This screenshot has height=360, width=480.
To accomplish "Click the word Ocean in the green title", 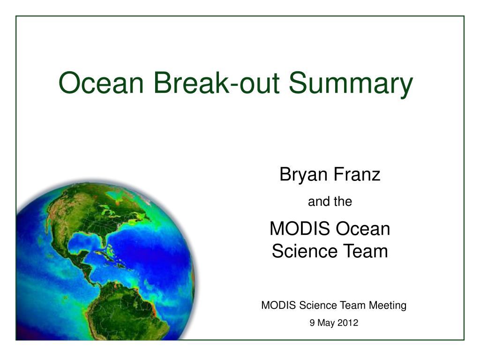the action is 101,82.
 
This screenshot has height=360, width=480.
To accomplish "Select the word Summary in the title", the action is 351,84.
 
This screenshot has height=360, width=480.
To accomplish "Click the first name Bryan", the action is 304,175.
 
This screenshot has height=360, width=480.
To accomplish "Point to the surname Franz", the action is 357,174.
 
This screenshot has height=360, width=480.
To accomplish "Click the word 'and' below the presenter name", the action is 319,202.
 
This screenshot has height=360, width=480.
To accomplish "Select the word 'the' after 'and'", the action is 343,202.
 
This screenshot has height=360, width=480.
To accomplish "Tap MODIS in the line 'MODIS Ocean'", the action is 300,229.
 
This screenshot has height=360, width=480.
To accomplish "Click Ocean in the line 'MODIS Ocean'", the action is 363,229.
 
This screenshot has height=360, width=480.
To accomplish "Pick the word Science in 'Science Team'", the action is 305,251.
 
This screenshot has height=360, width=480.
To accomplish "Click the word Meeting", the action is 388,306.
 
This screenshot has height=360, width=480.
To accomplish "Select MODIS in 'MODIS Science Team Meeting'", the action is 278,306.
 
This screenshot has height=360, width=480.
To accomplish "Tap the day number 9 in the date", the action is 312,323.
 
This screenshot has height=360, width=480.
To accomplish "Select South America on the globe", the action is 128,312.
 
